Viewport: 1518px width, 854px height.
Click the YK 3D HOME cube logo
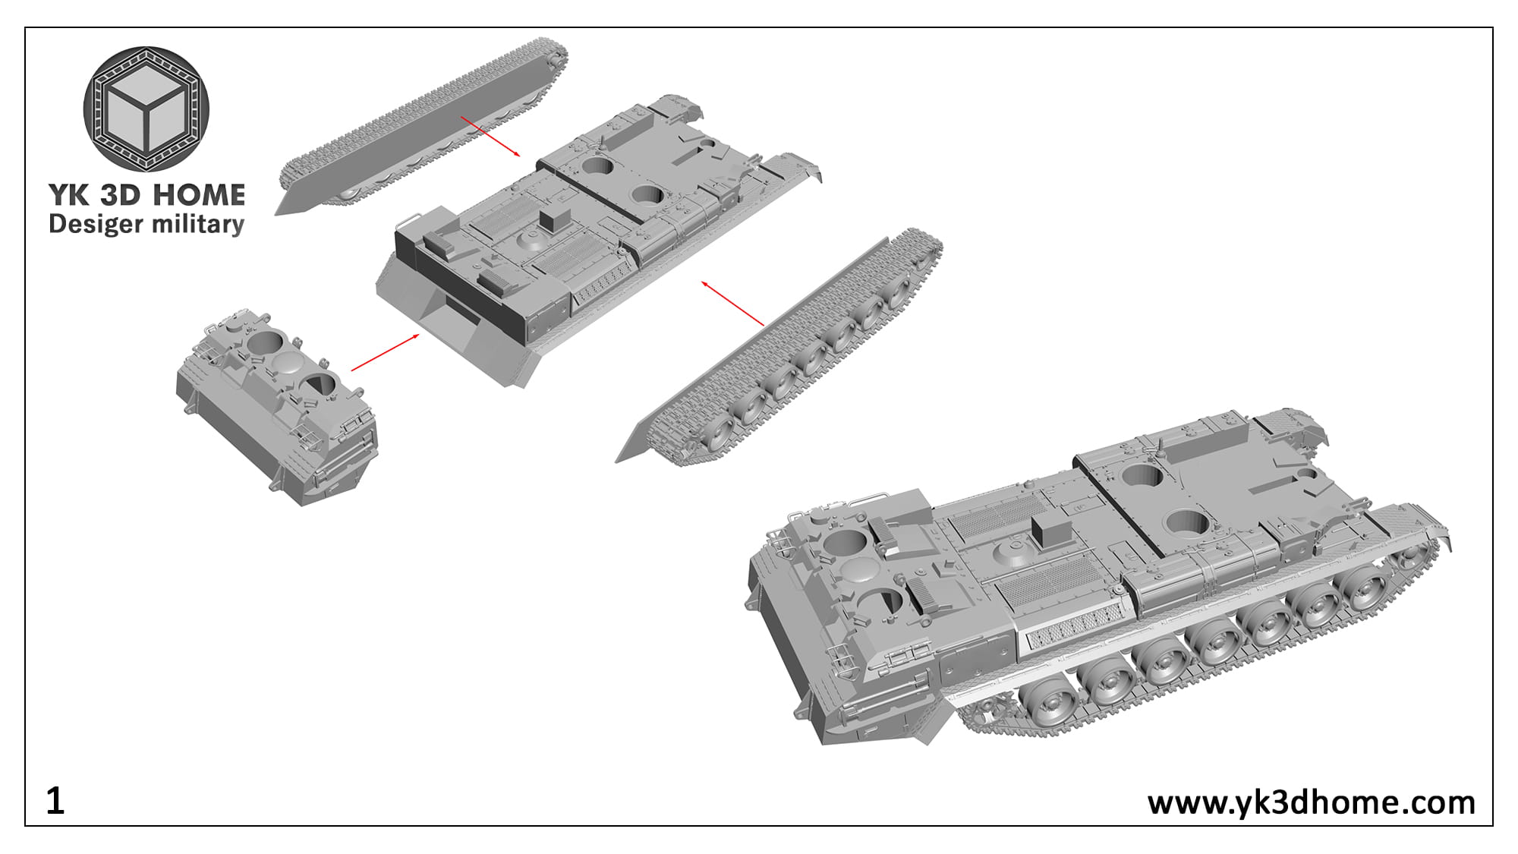click(x=146, y=109)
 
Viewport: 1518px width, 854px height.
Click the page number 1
click(x=55, y=801)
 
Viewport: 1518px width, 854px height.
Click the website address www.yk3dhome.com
click(x=1311, y=802)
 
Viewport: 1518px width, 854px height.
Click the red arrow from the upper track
click(x=490, y=137)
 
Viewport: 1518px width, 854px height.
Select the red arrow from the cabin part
click(x=385, y=352)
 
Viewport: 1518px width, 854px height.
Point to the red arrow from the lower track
click(x=732, y=304)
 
